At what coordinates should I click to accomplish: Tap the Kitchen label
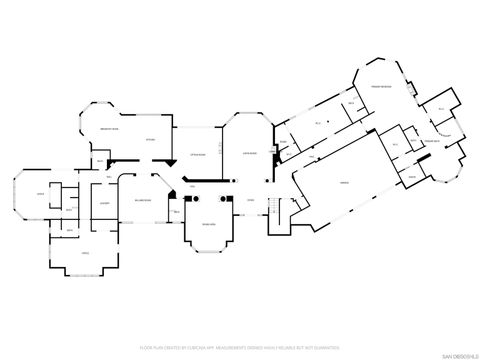(x=148, y=139)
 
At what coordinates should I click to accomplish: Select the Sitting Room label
(x=197, y=153)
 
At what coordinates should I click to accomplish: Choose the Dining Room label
(x=206, y=225)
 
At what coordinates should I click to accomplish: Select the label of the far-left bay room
(x=40, y=193)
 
